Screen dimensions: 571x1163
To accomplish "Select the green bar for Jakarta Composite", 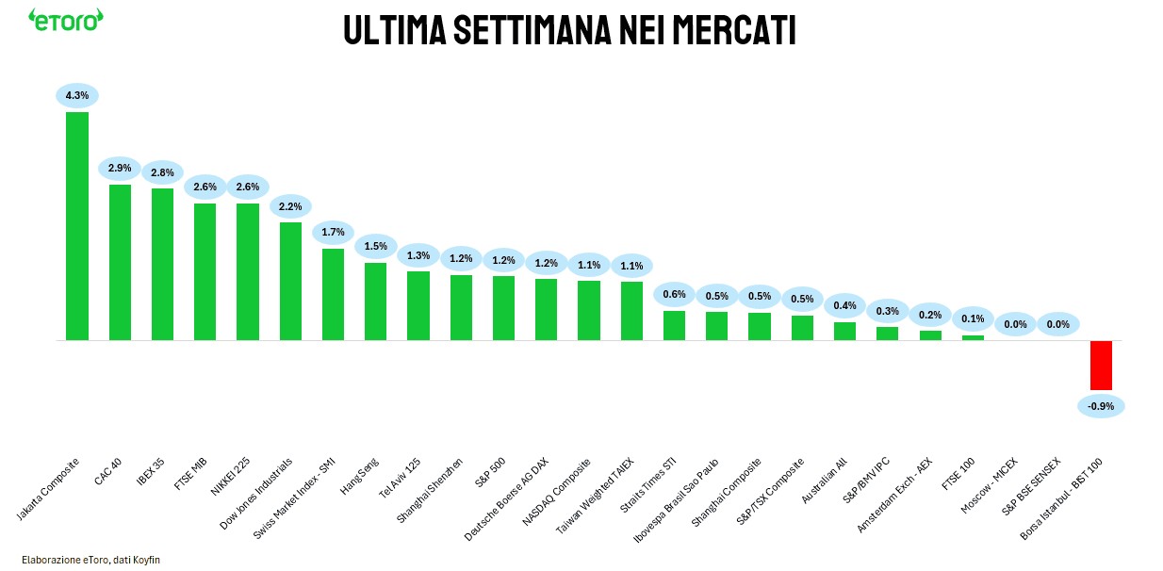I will coord(77,226).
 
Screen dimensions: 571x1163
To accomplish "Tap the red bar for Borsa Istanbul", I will coord(1101,365).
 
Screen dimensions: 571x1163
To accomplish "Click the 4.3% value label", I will coord(77,95).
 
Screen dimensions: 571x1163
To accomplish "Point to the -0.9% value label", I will coord(1101,406).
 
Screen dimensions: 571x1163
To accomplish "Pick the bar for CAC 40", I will coord(120,262).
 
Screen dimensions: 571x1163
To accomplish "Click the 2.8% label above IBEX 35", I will coord(162,172).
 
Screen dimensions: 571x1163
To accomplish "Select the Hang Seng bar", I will coord(375,301).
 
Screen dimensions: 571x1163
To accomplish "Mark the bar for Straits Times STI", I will coord(674,325).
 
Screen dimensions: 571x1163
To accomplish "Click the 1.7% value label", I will coord(333,232).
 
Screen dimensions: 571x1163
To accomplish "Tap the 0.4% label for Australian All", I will coord(844,305).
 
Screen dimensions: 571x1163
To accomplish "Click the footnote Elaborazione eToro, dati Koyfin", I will coord(84,559).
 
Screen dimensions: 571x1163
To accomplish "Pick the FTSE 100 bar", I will coord(973,337).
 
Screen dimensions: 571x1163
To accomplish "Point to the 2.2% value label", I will coord(290,205).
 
